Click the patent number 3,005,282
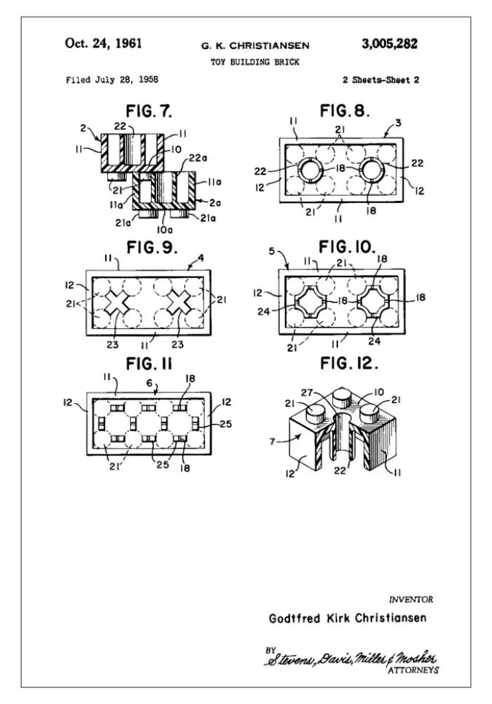coord(389,44)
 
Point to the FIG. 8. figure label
coord(345,112)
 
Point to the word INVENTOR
coord(411,599)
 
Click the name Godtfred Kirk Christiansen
coord(347,619)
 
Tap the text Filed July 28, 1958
coord(111,79)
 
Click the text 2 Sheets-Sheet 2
coord(381,79)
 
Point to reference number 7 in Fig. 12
coord(273,441)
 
